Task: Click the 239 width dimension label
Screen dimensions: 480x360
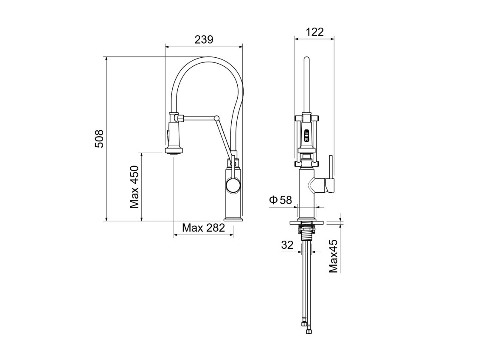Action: (204, 39)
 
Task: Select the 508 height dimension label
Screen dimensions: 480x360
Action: (99, 139)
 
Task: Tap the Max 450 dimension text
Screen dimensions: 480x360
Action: (135, 187)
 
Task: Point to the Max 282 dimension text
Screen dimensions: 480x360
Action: (203, 228)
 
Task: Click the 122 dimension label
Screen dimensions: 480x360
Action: (314, 32)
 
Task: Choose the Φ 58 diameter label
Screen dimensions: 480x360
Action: (281, 200)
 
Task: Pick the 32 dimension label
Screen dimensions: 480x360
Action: (287, 245)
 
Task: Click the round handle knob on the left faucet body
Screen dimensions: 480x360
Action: (233, 186)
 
